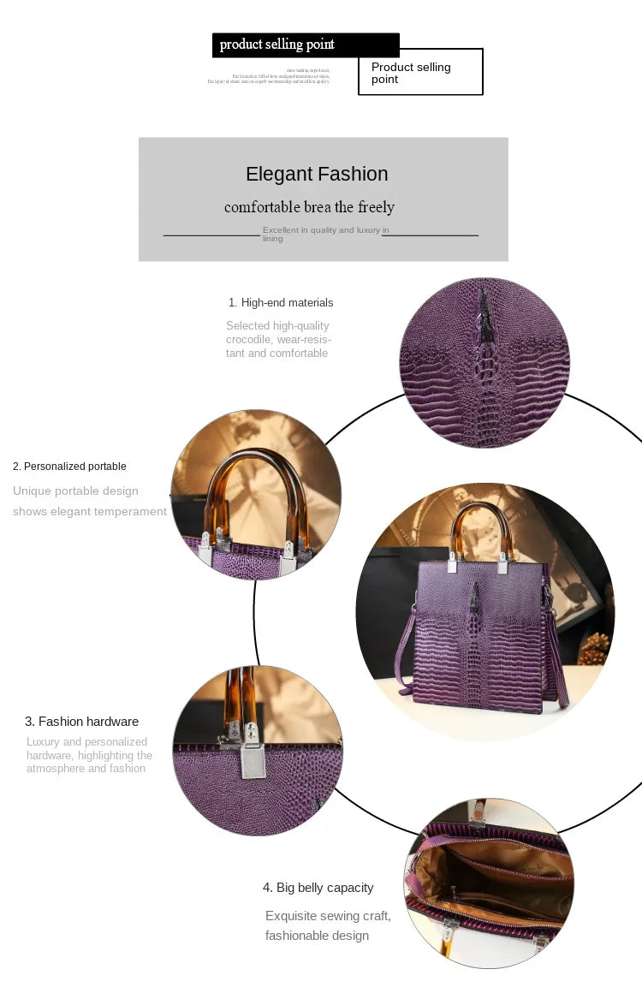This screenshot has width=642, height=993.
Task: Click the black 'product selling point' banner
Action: (305, 45)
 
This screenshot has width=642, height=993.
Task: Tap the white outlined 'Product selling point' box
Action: (420, 72)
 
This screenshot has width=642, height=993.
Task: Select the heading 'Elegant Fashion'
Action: (317, 174)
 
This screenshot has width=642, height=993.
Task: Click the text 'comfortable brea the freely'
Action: (309, 207)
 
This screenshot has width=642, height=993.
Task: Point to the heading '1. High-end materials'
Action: (281, 303)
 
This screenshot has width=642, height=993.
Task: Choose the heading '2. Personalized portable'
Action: (69, 467)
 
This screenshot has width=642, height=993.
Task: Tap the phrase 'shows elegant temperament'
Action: (90, 512)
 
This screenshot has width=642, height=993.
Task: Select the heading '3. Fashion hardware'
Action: (81, 722)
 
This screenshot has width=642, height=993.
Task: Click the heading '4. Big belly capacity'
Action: (318, 888)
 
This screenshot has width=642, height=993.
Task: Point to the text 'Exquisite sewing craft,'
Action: (328, 916)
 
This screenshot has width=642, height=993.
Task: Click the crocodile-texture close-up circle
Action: (484, 362)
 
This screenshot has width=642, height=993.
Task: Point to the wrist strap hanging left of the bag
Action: (404, 651)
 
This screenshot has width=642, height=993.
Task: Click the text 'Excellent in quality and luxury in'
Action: (325, 230)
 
